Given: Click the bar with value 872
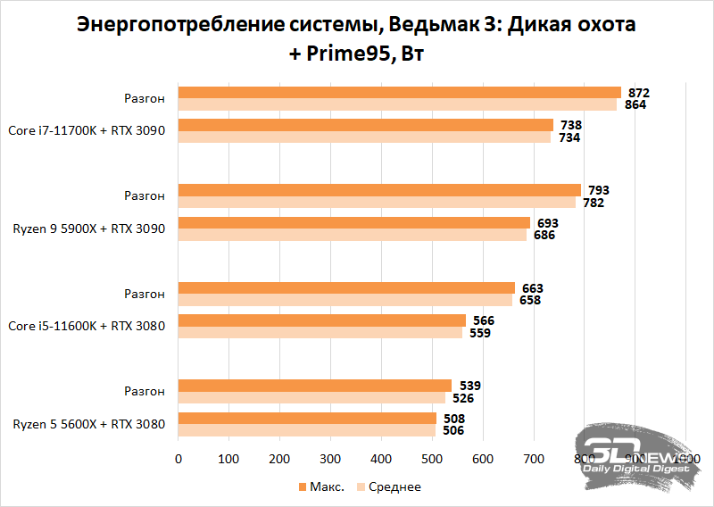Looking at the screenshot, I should [x=399, y=92].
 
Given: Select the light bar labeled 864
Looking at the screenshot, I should [x=397, y=104].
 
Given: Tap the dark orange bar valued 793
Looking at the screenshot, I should [x=379, y=189].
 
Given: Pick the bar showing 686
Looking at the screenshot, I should [x=353, y=235].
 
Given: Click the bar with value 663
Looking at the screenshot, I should [x=346, y=287].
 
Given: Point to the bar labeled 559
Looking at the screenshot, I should [x=320, y=333].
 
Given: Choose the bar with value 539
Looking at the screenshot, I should [x=315, y=386].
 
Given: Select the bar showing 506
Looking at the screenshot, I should [x=307, y=430].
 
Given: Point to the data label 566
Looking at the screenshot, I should [x=483, y=320].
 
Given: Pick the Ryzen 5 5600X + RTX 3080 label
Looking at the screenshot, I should [x=88, y=424].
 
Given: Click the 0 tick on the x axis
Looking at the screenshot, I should [x=178, y=459].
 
